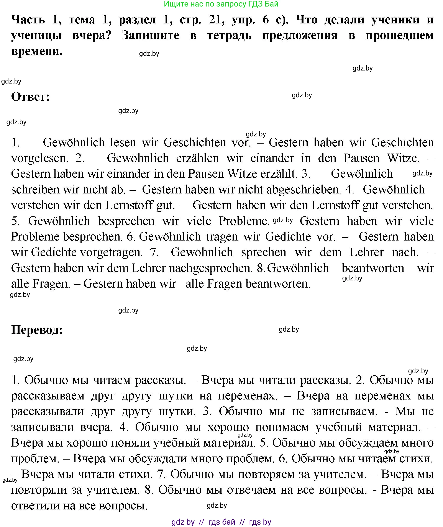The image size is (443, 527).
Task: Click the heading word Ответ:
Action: tap(30, 97)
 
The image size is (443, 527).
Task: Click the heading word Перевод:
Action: tap(37, 330)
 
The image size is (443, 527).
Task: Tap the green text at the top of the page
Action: tap(221, 4)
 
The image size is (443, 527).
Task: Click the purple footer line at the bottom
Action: tap(221, 522)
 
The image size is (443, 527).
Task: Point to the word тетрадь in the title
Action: tap(229, 35)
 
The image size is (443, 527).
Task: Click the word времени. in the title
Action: tap(37, 51)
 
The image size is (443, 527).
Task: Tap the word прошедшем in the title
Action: tap(399, 35)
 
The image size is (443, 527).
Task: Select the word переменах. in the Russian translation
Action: tap(248, 396)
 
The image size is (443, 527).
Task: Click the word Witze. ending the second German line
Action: tap(403, 158)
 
